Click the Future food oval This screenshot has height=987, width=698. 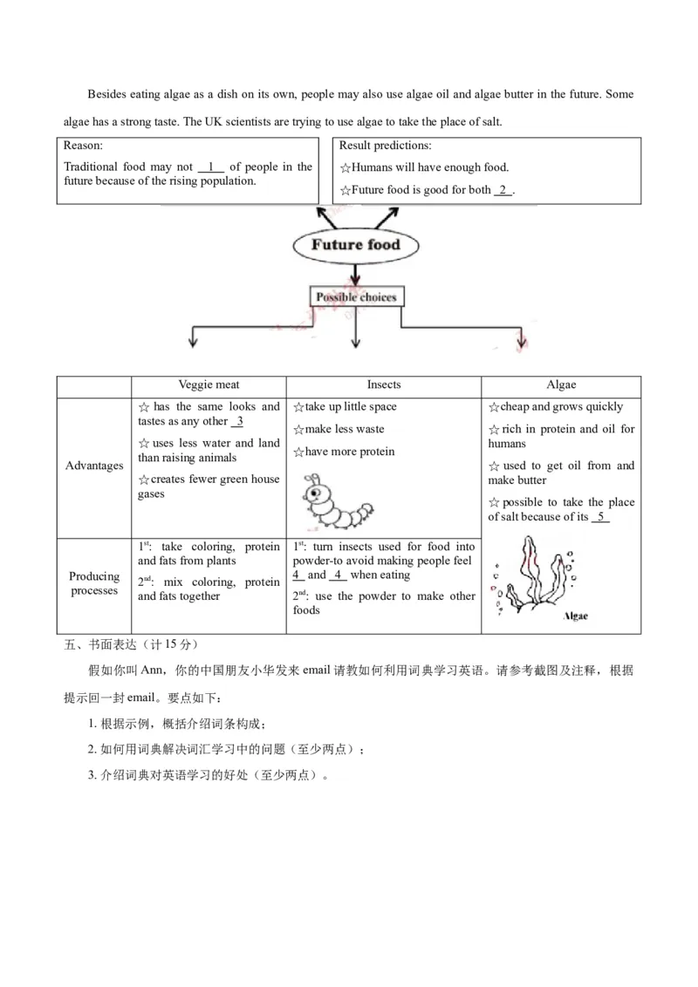pyautogui.click(x=355, y=245)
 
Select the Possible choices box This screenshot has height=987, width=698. pyautogui.click(x=356, y=297)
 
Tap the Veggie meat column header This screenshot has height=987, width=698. pyautogui.click(x=209, y=385)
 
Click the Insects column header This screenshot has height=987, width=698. pyautogui.click(x=384, y=385)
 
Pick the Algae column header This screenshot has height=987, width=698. pyautogui.click(x=561, y=385)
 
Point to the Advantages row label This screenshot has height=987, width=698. pyautogui.click(x=94, y=466)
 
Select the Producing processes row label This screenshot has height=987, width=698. pyautogui.click(x=94, y=583)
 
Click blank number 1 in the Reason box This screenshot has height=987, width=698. pyautogui.click(x=211, y=167)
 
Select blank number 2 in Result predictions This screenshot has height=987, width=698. pyautogui.click(x=503, y=190)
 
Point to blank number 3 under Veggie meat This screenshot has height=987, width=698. pyautogui.click(x=237, y=422)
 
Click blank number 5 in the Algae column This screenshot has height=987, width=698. pyautogui.click(x=600, y=517)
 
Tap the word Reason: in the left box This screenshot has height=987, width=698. pyautogui.click(x=84, y=146)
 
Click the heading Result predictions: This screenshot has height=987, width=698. pyautogui.click(x=385, y=146)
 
